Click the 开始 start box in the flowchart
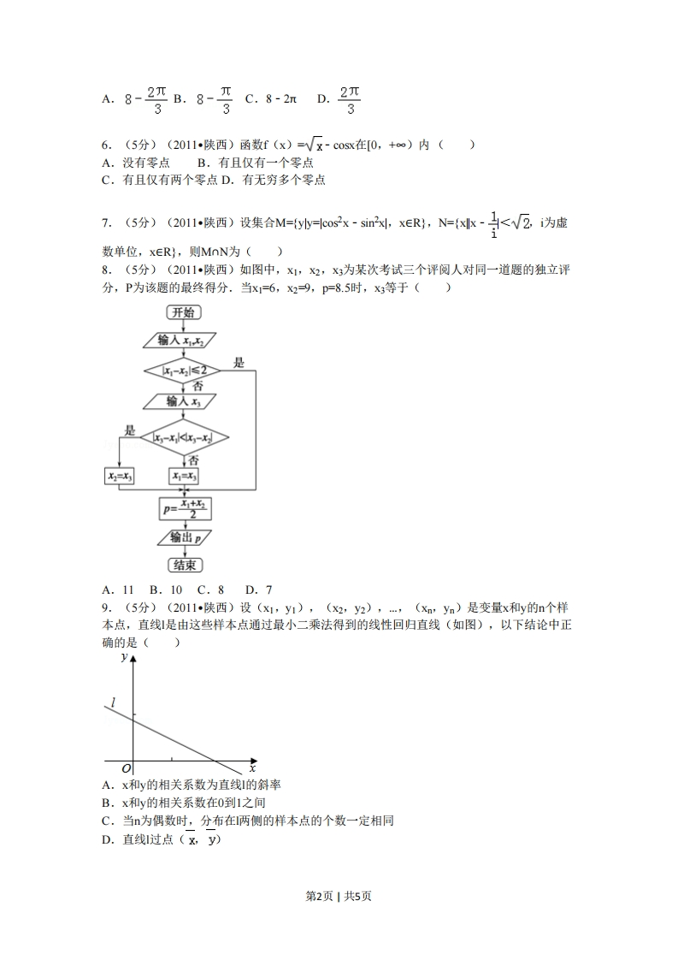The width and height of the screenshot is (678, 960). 182,312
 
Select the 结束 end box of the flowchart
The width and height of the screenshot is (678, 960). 183,565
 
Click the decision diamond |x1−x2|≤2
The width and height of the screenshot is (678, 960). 181,370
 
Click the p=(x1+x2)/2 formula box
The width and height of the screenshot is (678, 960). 185,508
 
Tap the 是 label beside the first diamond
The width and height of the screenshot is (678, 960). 239,363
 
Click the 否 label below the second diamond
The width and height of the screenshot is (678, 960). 192,460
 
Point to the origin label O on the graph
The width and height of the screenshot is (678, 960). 126,767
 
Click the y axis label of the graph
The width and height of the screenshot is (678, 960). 124,657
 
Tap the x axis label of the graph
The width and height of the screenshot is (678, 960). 253,768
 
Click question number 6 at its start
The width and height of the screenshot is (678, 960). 106,145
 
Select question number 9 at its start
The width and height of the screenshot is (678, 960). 106,607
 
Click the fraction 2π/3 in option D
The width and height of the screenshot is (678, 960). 349,99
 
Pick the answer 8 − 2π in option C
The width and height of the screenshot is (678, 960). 279,99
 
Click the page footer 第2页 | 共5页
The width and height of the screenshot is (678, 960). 339,896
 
